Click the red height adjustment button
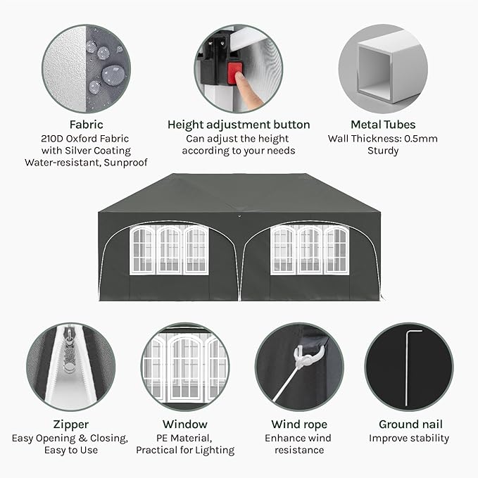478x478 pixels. point(234,73)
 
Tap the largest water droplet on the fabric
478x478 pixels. point(113,75)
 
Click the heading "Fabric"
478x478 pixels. point(87,125)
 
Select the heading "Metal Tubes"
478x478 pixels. point(383,125)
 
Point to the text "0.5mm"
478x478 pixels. point(421,139)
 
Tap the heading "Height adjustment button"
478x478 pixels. point(239,125)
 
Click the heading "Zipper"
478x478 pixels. point(70,424)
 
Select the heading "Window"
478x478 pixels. point(185,424)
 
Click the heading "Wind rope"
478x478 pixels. point(299,424)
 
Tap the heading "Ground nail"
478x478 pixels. point(410,424)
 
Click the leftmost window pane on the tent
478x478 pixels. point(143,250)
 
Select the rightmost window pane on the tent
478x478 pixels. point(337,250)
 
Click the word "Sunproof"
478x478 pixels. point(125,163)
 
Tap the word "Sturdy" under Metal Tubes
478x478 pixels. point(383,151)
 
